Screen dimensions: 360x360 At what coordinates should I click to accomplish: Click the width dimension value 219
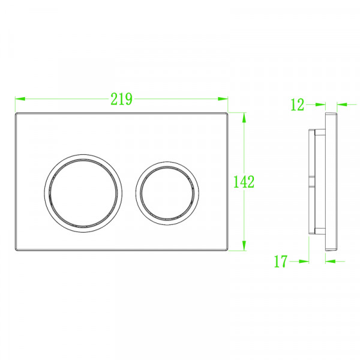(121, 100)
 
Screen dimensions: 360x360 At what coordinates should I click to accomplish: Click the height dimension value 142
(244, 181)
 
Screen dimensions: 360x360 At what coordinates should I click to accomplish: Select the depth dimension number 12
(297, 105)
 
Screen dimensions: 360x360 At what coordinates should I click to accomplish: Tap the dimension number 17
(280, 261)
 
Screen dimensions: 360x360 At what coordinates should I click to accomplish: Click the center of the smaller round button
(166, 190)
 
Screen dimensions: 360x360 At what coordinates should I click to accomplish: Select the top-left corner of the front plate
(16, 113)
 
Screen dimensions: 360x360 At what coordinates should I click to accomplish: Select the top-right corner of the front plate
(228, 113)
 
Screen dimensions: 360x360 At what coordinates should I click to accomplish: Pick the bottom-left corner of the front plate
(16, 250)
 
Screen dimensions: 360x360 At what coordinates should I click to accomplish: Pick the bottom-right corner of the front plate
(228, 250)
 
